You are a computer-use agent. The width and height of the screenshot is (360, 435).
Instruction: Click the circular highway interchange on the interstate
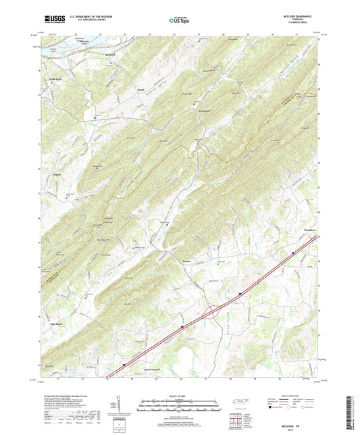click(214, 311)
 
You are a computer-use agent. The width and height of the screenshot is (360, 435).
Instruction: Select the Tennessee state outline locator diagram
click(240, 403)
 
